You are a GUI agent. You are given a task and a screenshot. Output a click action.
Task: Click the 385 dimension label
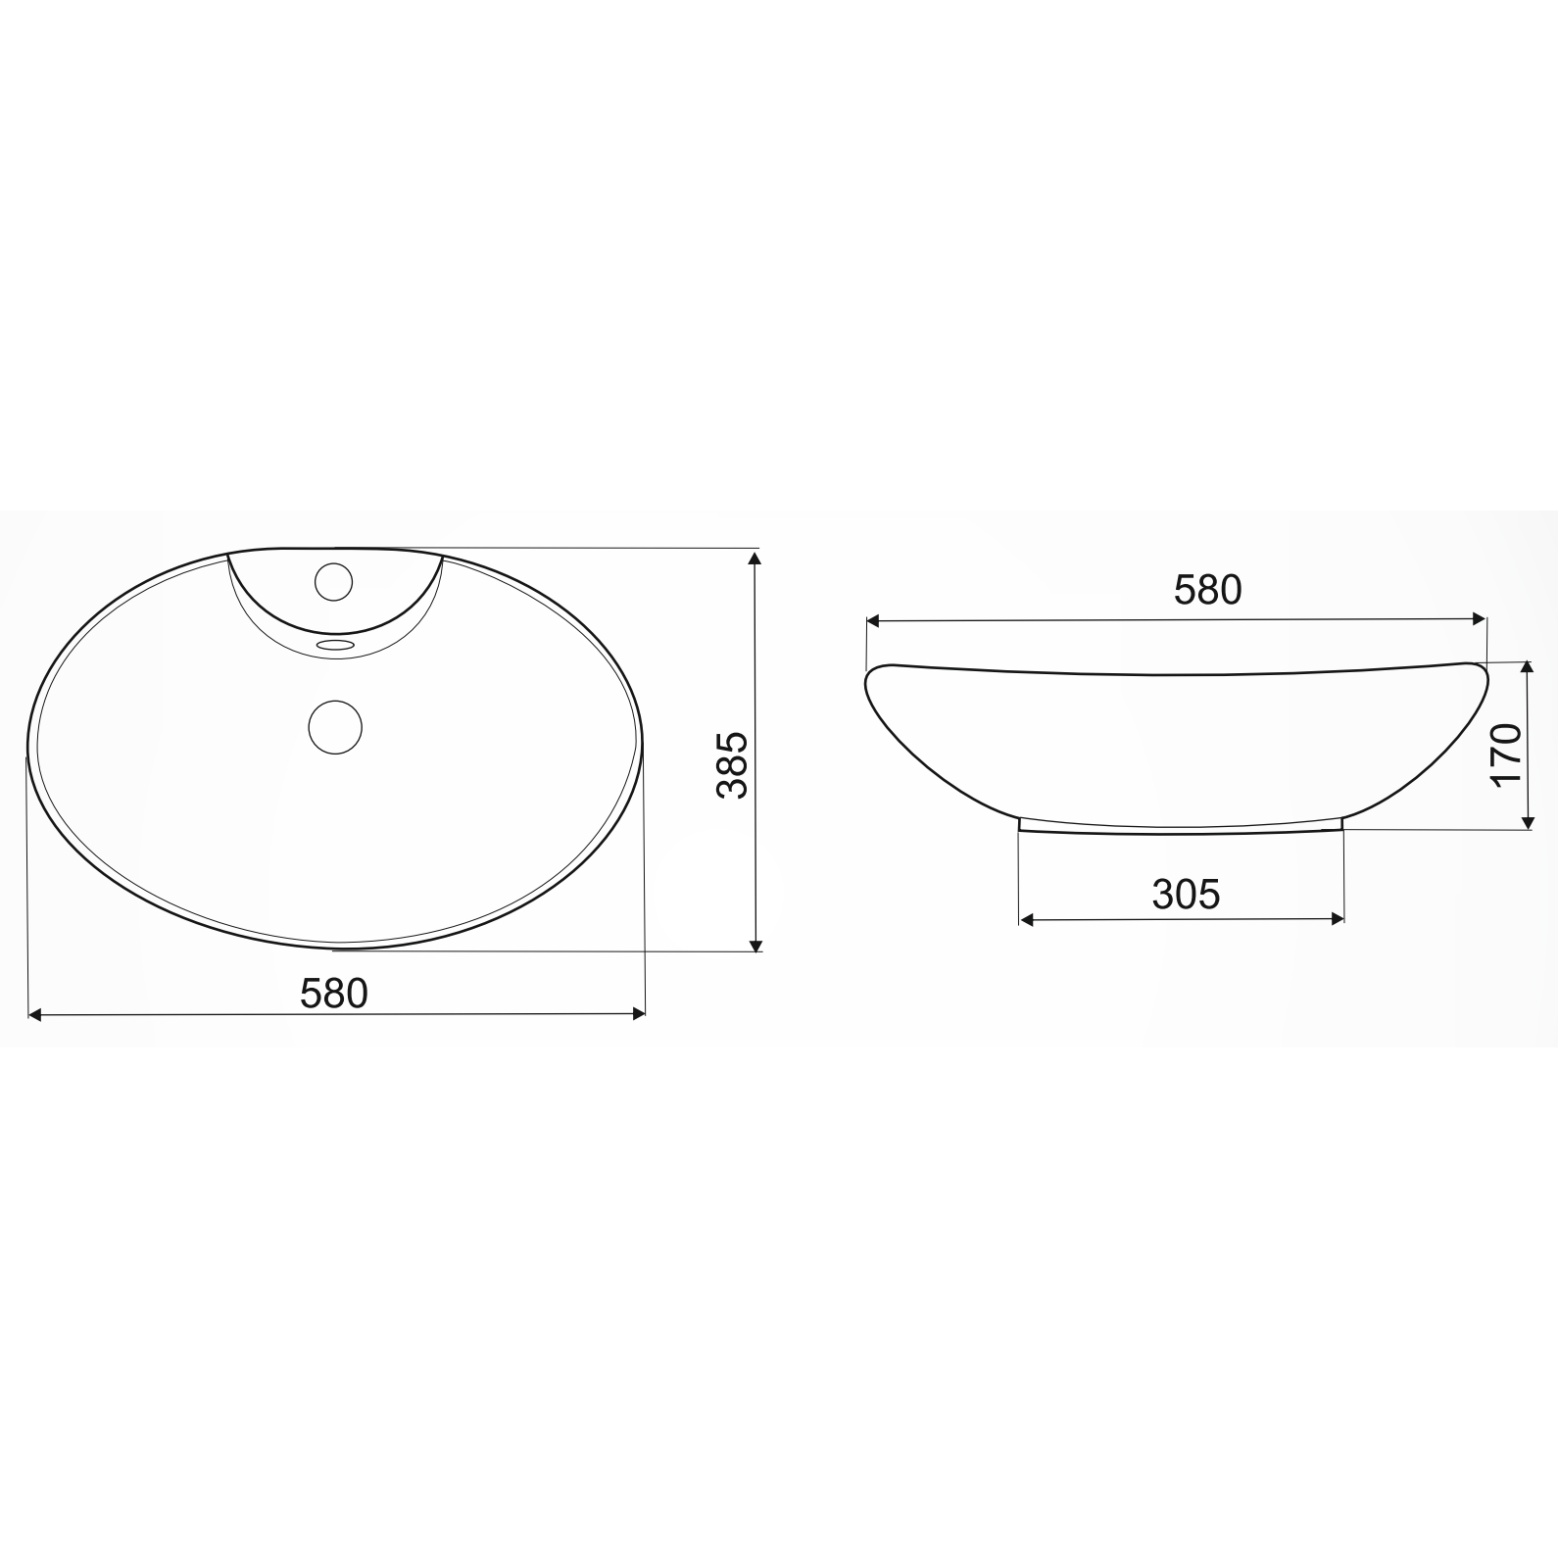point(732,763)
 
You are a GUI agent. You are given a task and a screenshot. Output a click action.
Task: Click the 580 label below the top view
point(334,993)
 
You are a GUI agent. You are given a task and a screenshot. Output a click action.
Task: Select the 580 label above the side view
point(1207,589)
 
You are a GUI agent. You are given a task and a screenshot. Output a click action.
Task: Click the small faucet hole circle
point(333,583)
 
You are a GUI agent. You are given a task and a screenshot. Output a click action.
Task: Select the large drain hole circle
point(335,726)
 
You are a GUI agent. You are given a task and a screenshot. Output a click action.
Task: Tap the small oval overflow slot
point(336,645)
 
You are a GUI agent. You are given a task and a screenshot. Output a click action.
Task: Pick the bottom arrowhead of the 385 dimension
point(755,944)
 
